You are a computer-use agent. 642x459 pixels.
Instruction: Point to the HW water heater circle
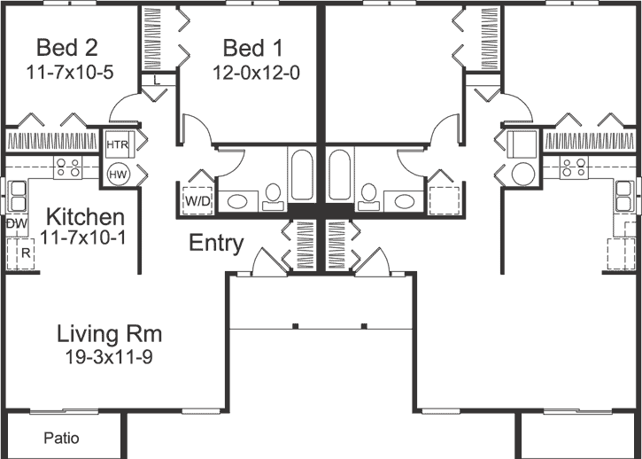tap(117, 175)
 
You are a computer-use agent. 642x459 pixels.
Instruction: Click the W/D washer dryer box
tap(197, 201)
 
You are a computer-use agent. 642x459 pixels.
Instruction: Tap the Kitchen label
tap(84, 217)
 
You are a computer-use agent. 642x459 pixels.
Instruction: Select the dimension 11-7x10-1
tap(84, 237)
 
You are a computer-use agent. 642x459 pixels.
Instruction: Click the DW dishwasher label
tap(16, 224)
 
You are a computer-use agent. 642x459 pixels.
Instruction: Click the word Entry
tap(216, 244)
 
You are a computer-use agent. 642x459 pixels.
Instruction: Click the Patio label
tap(60, 438)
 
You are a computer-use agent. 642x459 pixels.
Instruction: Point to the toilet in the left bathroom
tap(273, 196)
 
